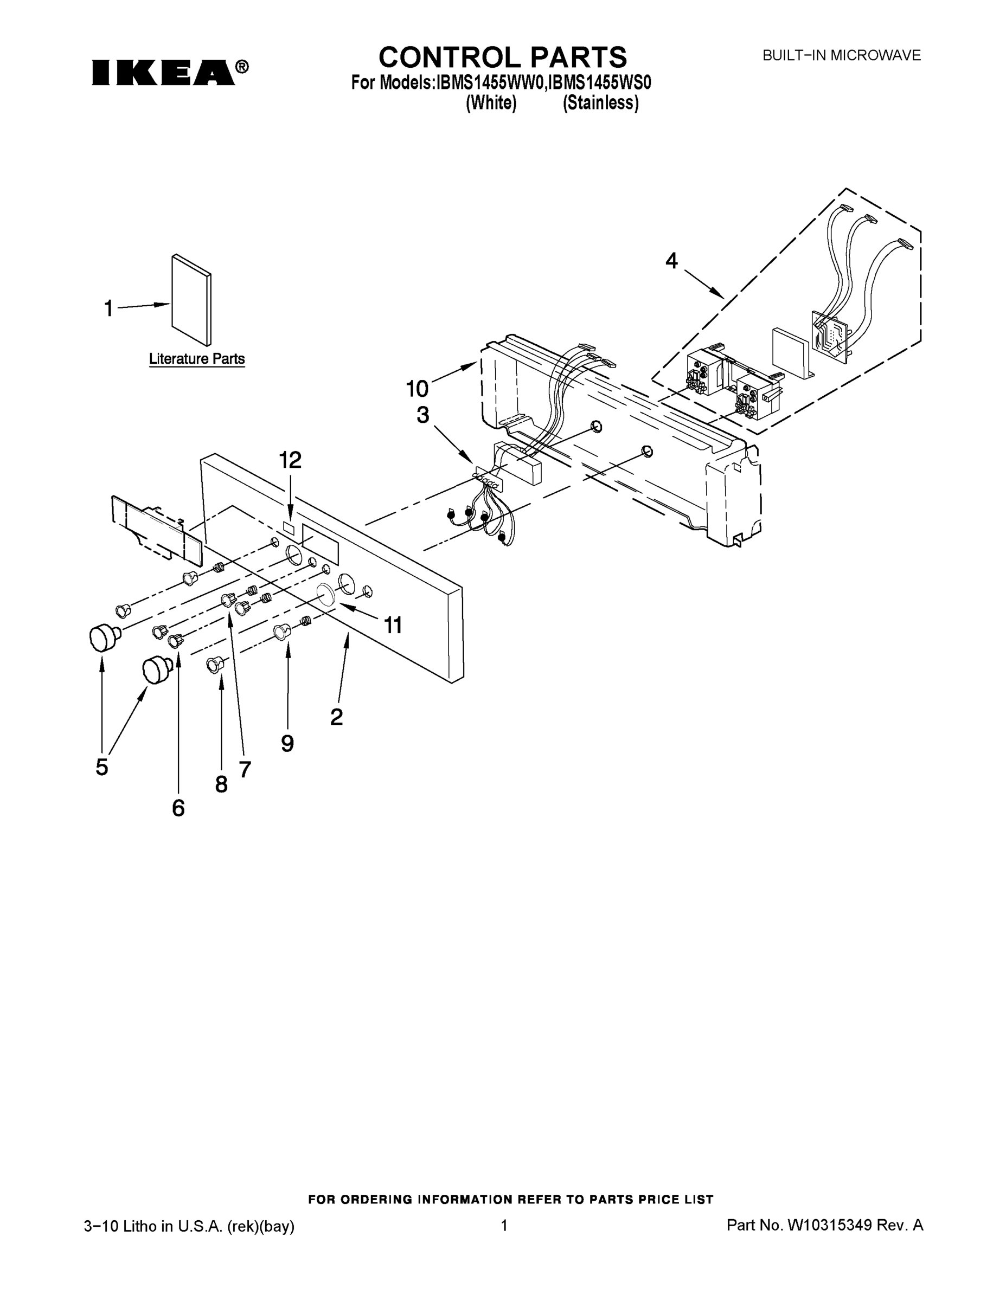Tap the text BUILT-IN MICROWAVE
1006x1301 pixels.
(842, 55)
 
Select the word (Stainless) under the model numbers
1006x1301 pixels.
(600, 103)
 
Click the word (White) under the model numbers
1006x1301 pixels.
(490, 103)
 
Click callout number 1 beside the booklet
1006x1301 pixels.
(108, 308)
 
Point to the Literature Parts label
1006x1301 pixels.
(197, 359)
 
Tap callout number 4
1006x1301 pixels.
(671, 260)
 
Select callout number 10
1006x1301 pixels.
(417, 389)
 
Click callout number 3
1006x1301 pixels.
(422, 415)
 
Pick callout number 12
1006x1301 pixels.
(290, 460)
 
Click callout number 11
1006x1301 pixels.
(393, 625)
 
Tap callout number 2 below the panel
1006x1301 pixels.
(336, 717)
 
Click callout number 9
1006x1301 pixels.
(287, 743)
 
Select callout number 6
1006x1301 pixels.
(178, 808)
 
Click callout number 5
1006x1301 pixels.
(102, 767)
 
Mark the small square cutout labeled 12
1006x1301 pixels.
(289, 528)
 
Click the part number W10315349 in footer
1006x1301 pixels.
(830, 1225)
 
